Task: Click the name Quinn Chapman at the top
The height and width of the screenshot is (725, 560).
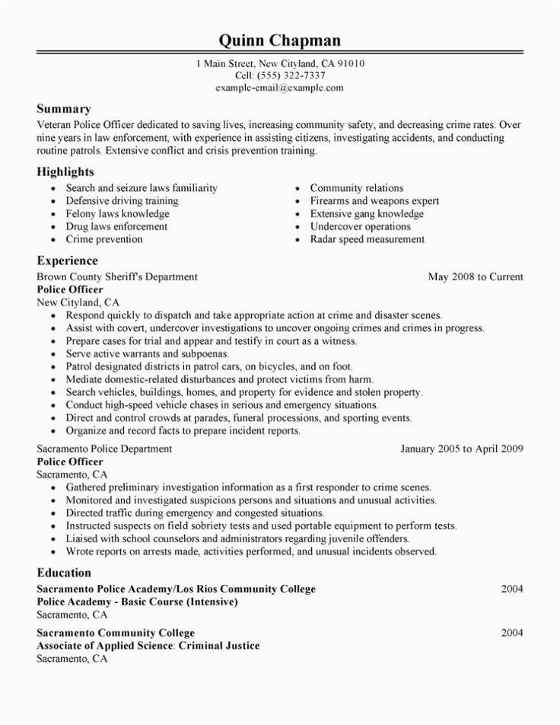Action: tap(279, 40)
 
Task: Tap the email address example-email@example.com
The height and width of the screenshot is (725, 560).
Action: tap(279, 88)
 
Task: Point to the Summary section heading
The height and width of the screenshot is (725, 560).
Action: tap(64, 109)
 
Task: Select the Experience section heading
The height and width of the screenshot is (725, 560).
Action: tap(69, 260)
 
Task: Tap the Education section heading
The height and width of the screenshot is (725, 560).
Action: tap(65, 572)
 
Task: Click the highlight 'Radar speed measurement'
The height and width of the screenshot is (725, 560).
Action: tap(367, 239)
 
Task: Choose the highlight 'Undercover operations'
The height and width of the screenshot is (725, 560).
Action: tap(361, 226)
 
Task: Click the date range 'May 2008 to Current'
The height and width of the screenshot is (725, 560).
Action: tap(476, 277)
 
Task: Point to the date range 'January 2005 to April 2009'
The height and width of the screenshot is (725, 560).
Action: tap(462, 449)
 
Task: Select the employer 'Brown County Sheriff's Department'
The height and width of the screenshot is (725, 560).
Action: tap(117, 277)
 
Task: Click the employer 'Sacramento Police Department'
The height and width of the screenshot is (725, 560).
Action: tap(104, 449)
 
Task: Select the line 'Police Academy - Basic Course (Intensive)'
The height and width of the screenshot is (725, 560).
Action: tap(138, 602)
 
